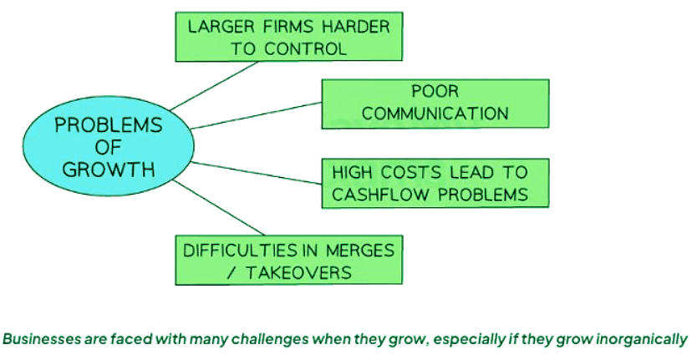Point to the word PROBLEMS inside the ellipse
point(108,126)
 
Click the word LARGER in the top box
point(216,27)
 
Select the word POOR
point(435,91)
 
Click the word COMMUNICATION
point(435,113)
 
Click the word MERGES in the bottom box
point(359,248)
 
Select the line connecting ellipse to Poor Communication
point(255,115)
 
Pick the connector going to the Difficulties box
point(221,209)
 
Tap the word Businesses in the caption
point(38,339)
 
